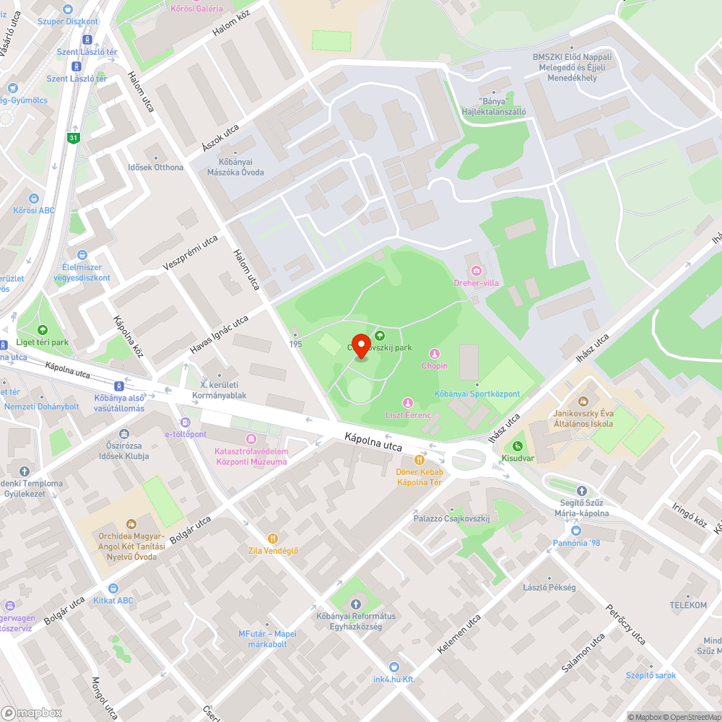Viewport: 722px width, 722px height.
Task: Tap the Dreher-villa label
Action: (476, 283)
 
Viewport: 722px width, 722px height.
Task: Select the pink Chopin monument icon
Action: (435, 353)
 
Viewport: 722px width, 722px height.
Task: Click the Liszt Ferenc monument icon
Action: (407, 402)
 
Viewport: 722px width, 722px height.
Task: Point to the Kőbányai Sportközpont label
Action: (477, 393)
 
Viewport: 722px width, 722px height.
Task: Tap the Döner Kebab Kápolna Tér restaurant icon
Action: (419, 460)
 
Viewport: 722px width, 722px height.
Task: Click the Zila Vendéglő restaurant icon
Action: (272, 538)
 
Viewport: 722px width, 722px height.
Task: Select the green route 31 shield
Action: (73, 137)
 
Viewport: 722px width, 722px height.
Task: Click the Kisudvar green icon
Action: (517, 445)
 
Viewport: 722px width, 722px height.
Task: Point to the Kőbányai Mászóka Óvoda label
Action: (235, 168)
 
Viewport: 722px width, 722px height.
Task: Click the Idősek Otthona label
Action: (155, 168)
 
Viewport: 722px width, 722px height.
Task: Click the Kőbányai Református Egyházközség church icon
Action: (355, 604)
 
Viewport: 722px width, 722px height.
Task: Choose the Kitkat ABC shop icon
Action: (113, 588)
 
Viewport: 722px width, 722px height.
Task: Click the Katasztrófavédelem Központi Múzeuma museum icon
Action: (251, 439)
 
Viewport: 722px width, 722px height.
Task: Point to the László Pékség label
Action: (549, 587)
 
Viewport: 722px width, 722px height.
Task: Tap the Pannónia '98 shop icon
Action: (575, 531)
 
